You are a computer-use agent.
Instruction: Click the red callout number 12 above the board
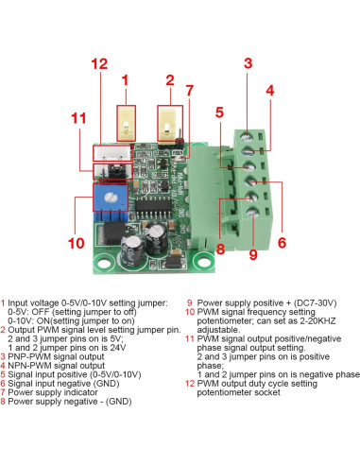tap(99, 63)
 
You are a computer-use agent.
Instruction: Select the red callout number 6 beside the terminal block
tap(281, 243)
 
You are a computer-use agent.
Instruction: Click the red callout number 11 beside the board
tap(77, 118)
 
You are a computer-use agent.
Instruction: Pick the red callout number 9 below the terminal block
tap(252, 253)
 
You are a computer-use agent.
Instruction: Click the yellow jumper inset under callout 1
tap(126, 121)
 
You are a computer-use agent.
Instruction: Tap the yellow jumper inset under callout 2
tap(169, 122)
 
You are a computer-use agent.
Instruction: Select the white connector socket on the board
tap(109, 154)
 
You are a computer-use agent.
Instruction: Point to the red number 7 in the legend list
tap(4, 390)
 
